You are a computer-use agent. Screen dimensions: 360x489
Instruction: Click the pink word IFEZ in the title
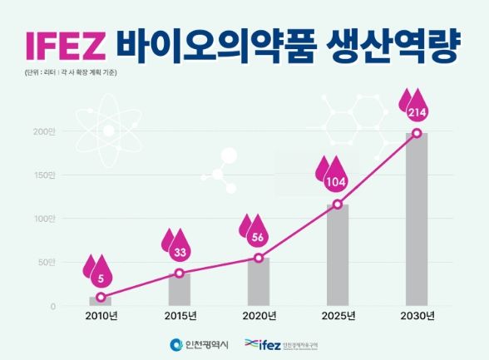pyautogui.click(x=63, y=46)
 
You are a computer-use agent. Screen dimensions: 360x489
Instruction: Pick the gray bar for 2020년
pyautogui.click(x=259, y=282)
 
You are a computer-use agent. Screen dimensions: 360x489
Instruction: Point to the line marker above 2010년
pyautogui.click(x=101, y=297)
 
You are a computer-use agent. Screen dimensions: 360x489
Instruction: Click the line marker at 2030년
pyautogui.click(x=417, y=133)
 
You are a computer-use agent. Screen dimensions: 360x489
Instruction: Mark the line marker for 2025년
pyautogui.click(x=338, y=205)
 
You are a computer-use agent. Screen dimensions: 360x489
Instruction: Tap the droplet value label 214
pyautogui.click(x=417, y=111)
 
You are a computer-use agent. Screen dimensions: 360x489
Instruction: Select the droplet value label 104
pyautogui.click(x=338, y=181)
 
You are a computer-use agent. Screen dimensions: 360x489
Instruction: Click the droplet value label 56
pyautogui.click(x=258, y=236)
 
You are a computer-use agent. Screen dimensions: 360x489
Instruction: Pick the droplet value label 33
pyautogui.click(x=180, y=251)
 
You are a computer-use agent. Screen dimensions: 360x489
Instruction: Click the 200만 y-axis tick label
pyautogui.click(x=44, y=131)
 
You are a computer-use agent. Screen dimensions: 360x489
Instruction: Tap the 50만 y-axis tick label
pyautogui.click(x=46, y=263)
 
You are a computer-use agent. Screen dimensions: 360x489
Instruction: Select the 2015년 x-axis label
pyautogui.click(x=180, y=316)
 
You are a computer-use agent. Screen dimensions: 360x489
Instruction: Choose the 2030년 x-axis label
pyautogui.click(x=417, y=316)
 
